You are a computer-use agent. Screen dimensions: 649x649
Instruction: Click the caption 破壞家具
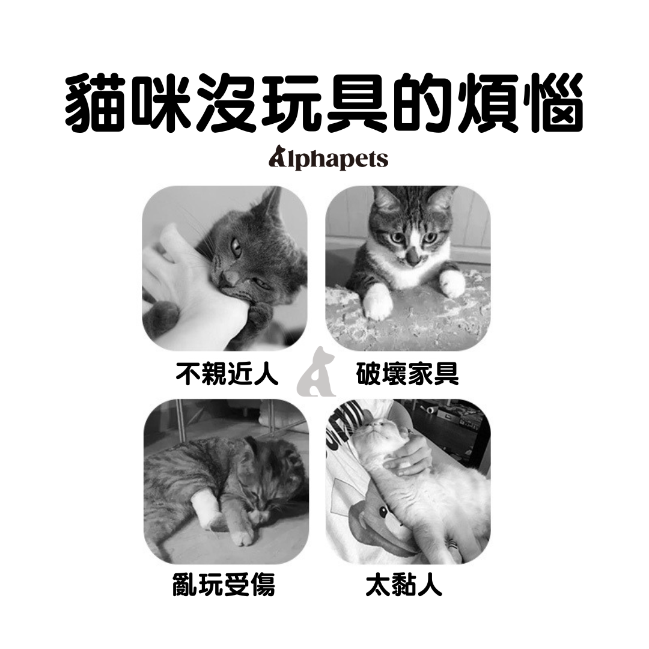click(407, 373)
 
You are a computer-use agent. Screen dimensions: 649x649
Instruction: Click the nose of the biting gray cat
click(227, 278)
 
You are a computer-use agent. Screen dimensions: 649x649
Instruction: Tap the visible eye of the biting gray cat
click(236, 245)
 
